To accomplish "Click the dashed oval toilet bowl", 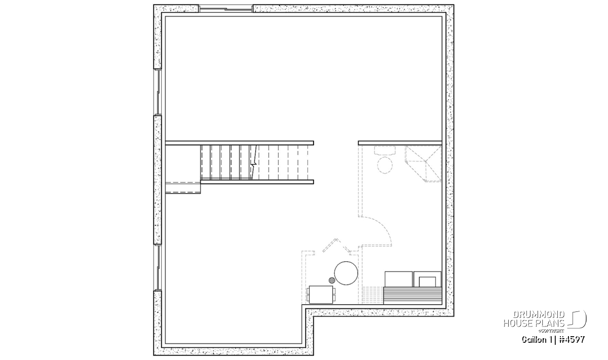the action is tap(385, 165).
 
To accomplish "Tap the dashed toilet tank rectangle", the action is tap(385, 150).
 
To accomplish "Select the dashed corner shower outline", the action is tap(423, 164).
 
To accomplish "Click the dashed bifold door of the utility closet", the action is tap(336, 245).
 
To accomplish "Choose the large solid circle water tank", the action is tap(346, 273).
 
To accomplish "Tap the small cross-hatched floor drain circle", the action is tap(332, 280).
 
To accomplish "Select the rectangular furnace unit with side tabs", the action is tap(321, 294).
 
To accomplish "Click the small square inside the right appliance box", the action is tap(427, 282).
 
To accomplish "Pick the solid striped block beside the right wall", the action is tap(412, 295).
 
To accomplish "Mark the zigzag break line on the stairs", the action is tap(253, 162).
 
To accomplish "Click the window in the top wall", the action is tap(226, 9).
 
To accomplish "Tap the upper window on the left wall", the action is tap(158, 92).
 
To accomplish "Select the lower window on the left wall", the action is tap(158, 267).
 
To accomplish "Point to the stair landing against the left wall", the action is tap(183, 187).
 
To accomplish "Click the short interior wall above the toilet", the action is tap(400, 143).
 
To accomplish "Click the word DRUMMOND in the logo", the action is tap(539, 314).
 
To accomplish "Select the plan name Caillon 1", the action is tap(536, 340).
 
